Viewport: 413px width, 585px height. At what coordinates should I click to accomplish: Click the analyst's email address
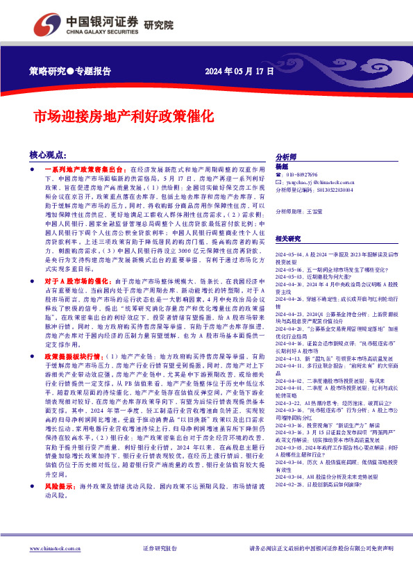[317, 182]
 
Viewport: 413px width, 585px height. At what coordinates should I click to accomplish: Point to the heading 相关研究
[288, 238]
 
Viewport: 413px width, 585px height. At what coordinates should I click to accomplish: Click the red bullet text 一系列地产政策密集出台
[85, 170]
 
